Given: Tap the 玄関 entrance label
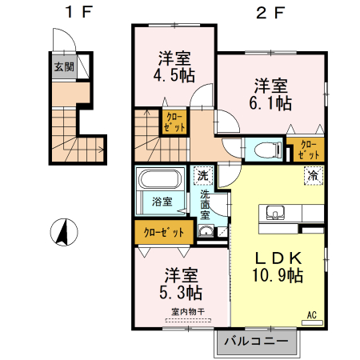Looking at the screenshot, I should pyautogui.click(x=65, y=67).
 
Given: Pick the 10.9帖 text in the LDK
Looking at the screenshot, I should pyautogui.click(x=278, y=276).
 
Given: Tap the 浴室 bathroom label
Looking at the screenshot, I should pyautogui.click(x=162, y=202).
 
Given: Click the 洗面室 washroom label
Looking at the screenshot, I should pyautogui.click(x=206, y=205).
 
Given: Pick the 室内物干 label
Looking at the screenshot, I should pyautogui.click(x=186, y=311).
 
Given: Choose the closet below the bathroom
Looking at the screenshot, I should pyautogui.click(x=163, y=233).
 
